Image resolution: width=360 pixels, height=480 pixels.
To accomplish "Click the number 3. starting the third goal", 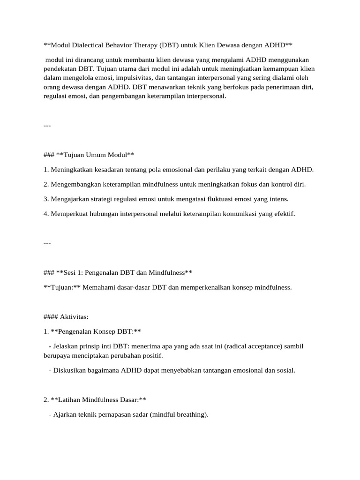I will pyautogui.click(x=46, y=199).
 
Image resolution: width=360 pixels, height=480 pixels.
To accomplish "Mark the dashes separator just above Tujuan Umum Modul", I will pyautogui.click(x=47, y=126).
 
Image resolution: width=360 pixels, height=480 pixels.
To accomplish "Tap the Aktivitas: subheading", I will pyautogui.click(x=70, y=317).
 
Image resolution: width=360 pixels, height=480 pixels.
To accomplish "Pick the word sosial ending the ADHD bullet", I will pyautogui.click(x=285, y=370).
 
